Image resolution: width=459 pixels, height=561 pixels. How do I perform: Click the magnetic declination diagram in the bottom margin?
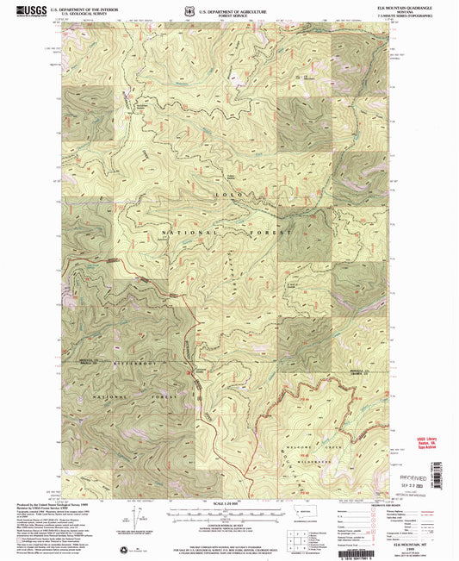[x=137, y=520]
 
